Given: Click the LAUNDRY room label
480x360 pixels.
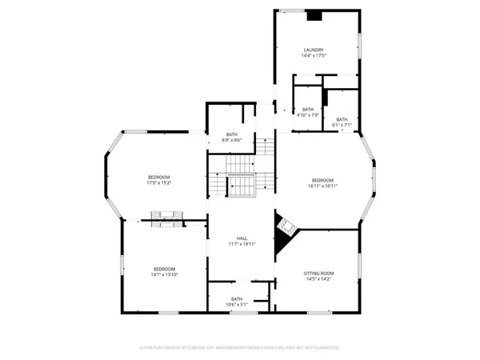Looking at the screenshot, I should click(313, 50).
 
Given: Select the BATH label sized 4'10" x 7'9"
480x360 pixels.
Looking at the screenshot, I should click(307, 110).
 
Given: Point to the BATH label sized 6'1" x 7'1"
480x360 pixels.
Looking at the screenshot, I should click(342, 119).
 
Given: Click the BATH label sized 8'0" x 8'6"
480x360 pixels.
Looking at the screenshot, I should click(232, 134).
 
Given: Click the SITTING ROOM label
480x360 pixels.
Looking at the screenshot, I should click(318, 274).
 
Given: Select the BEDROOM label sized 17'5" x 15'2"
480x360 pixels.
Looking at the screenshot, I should click(159, 177).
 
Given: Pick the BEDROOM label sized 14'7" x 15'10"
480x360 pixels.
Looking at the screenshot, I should click(165, 269).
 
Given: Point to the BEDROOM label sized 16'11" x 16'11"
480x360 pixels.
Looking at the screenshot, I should click(322, 180).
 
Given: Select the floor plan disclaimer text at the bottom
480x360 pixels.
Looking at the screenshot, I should click(240, 348).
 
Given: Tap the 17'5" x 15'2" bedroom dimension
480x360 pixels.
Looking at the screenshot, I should click(159, 183).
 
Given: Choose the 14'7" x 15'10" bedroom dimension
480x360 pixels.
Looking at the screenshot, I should click(165, 275).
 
